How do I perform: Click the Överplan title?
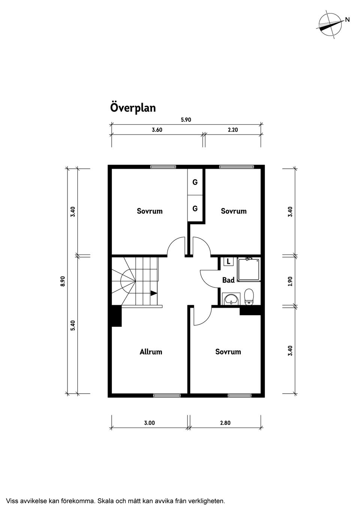pos(133,108)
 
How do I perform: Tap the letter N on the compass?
pos(347,20)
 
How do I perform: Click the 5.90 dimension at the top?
pos(186,120)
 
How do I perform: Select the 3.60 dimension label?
pos(157,130)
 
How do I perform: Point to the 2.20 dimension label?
pos(233,130)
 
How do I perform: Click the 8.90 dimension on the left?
pos(63,281)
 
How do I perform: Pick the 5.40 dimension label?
pos(73,325)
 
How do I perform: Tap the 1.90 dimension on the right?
pos(290,281)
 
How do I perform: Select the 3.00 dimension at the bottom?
pos(149,423)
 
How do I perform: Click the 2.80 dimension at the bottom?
pos(225,423)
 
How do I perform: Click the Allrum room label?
pos(151,352)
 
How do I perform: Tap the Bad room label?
pos(228,280)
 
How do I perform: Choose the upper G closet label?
pos(195,183)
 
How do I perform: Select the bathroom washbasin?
pos(230,299)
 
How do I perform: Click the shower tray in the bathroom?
pos(249,270)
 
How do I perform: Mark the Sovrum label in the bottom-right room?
pos(228,352)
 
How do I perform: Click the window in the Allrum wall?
pos(166,395)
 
